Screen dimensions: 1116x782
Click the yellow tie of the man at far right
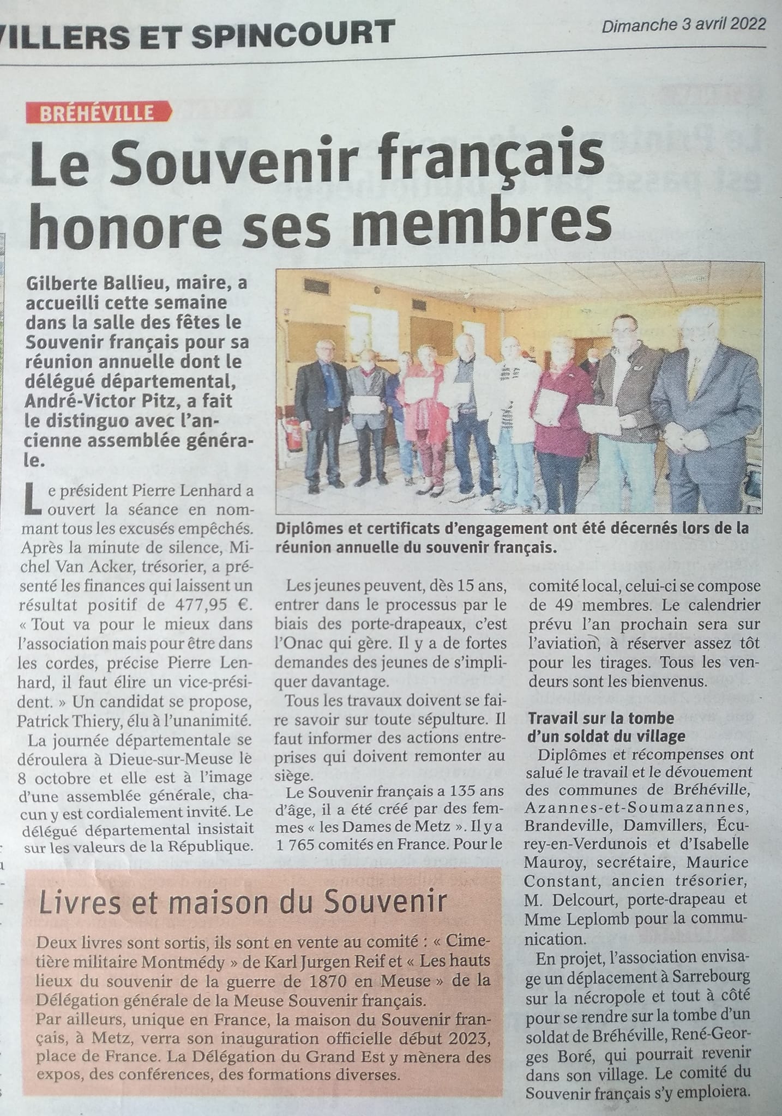693,381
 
